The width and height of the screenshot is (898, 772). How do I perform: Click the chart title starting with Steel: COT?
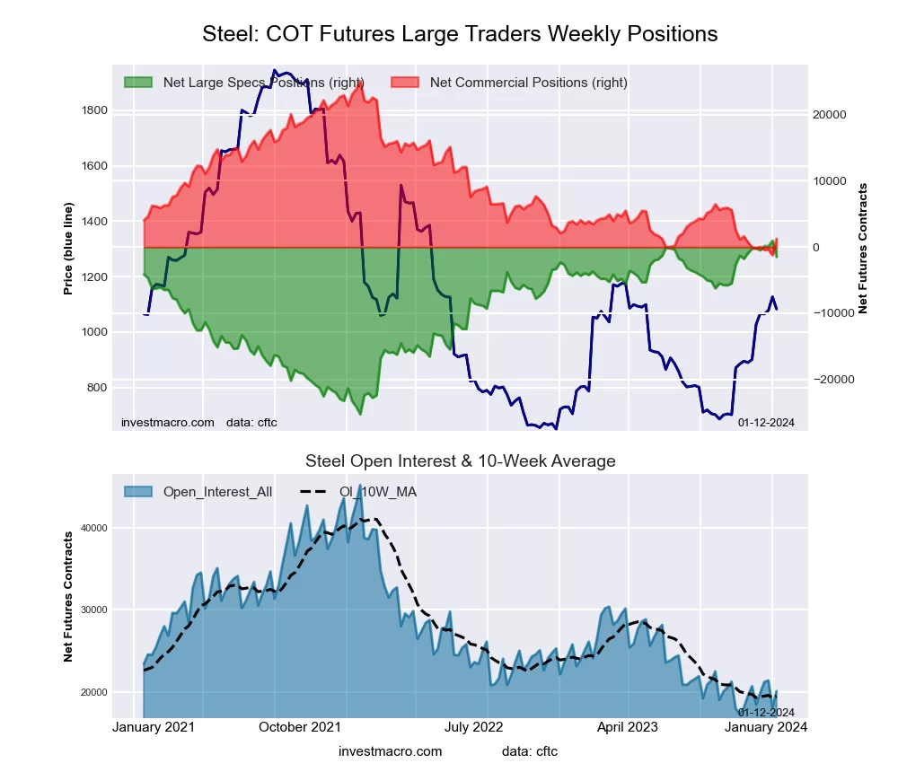[x=460, y=34]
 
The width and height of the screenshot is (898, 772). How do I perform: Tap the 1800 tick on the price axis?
[x=94, y=110]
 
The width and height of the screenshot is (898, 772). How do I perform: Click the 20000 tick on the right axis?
[x=831, y=115]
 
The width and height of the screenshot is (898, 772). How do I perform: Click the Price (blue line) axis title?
[x=68, y=249]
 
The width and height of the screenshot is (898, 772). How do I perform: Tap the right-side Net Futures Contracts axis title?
[x=863, y=249]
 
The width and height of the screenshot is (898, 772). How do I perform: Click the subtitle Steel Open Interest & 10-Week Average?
[x=460, y=461]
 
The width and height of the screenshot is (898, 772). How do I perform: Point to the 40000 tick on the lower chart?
[x=92, y=528]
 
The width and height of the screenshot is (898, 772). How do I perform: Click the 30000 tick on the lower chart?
[x=92, y=610]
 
